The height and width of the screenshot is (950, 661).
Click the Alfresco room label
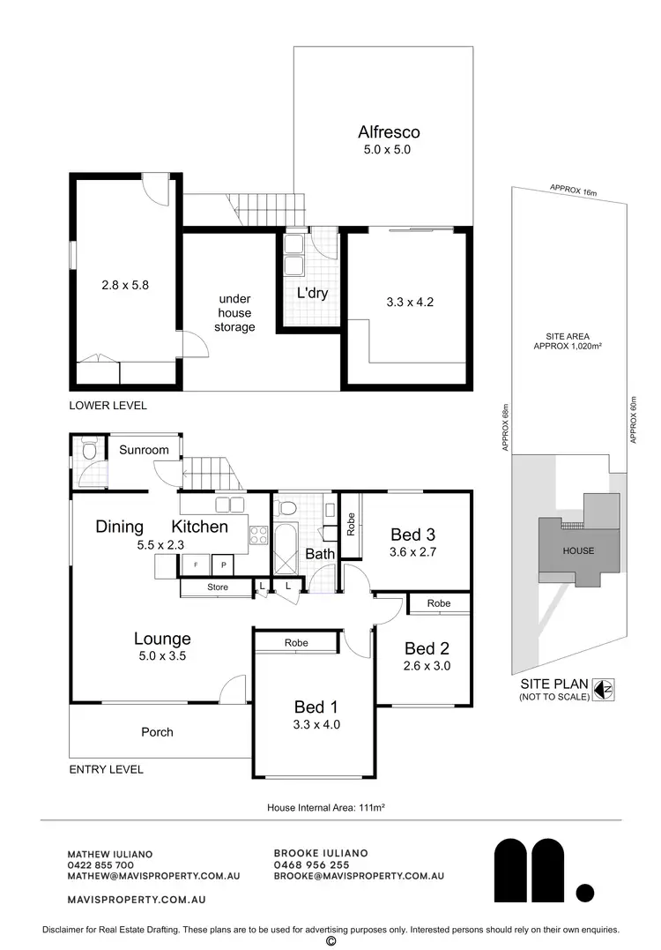click(x=389, y=132)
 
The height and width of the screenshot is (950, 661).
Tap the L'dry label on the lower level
click(x=311, y=293)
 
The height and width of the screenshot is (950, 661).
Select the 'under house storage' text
click(x=235, y=312)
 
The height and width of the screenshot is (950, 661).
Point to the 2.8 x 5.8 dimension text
click(x=126, y=285)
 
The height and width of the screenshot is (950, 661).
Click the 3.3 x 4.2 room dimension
click(x=410, y=302)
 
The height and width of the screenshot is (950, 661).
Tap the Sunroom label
click(x=144, y=450)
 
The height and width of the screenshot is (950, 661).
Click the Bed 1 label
click(x=316, y=707)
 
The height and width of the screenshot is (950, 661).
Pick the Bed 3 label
click(x=413, y=534)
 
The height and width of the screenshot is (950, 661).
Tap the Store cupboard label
click(x=218, y=587)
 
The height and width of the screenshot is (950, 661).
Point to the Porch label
click(x=157, y=732)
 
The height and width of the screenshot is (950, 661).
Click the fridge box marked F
click(x=196, y=565)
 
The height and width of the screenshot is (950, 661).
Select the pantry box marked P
click(x=223, y=565)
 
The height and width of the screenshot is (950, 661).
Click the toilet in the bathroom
click(x=286, y=510)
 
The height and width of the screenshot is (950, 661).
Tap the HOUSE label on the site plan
click(x=577, y=551)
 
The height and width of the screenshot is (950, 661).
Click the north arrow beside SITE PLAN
click(x=604, y=689)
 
